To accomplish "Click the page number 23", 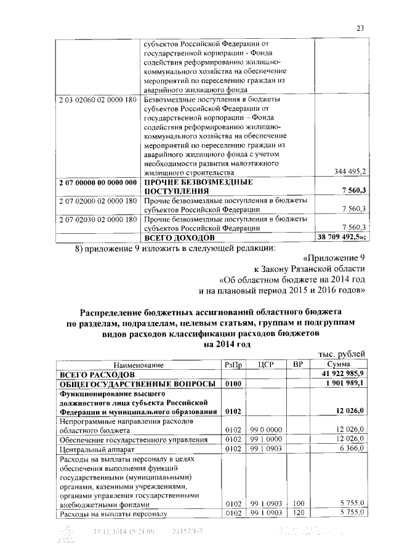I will point(360,26).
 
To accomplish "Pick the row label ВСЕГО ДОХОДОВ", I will point(179,236).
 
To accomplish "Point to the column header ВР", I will point(299,364).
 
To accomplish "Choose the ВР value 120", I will point(299,512).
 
